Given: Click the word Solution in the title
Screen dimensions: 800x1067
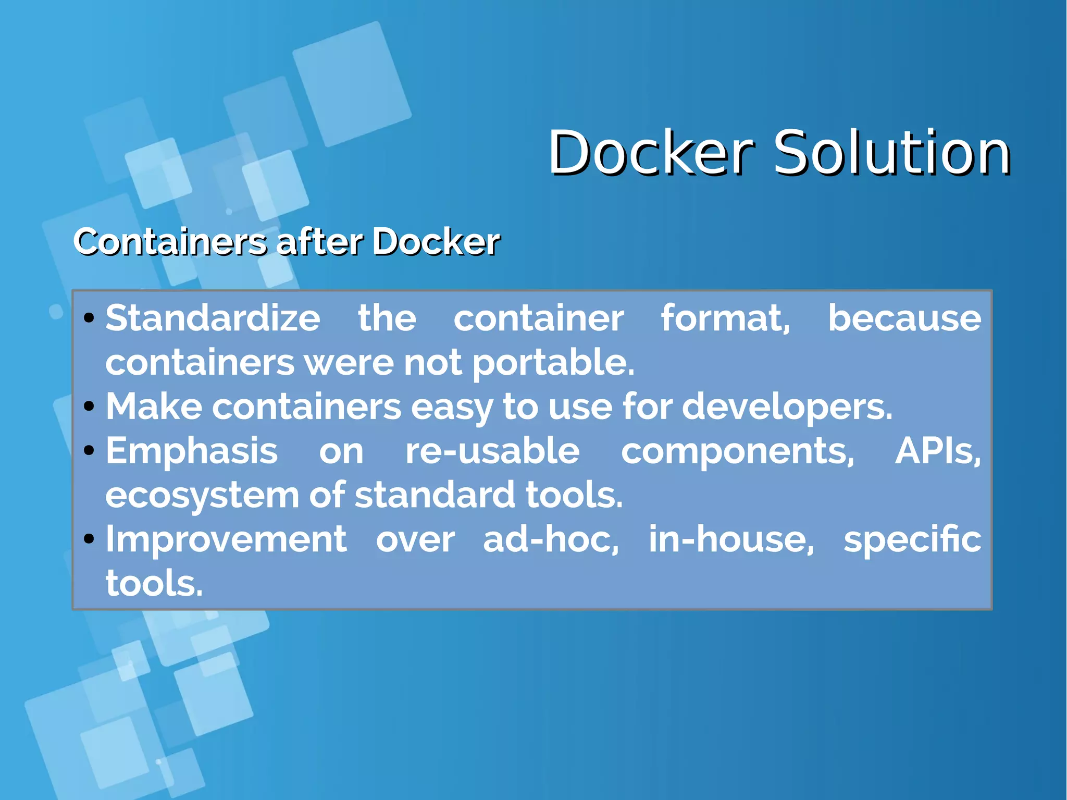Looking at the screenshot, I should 891,153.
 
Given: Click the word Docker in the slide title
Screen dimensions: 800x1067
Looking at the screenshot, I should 651,153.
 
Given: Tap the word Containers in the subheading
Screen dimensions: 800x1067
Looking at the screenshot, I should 170,242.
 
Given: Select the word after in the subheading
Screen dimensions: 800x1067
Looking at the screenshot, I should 319,242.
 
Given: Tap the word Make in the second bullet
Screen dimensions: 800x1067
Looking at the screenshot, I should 154,407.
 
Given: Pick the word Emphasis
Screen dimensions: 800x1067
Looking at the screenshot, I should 192,451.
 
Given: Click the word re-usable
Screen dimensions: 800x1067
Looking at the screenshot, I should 492,451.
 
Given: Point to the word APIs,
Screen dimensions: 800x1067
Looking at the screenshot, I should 938,451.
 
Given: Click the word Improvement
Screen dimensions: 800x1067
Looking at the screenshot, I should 226,539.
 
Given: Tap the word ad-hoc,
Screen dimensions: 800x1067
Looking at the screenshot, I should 551,539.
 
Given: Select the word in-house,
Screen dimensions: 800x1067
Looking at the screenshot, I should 731,539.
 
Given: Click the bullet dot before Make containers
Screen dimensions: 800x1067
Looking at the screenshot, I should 89,406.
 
